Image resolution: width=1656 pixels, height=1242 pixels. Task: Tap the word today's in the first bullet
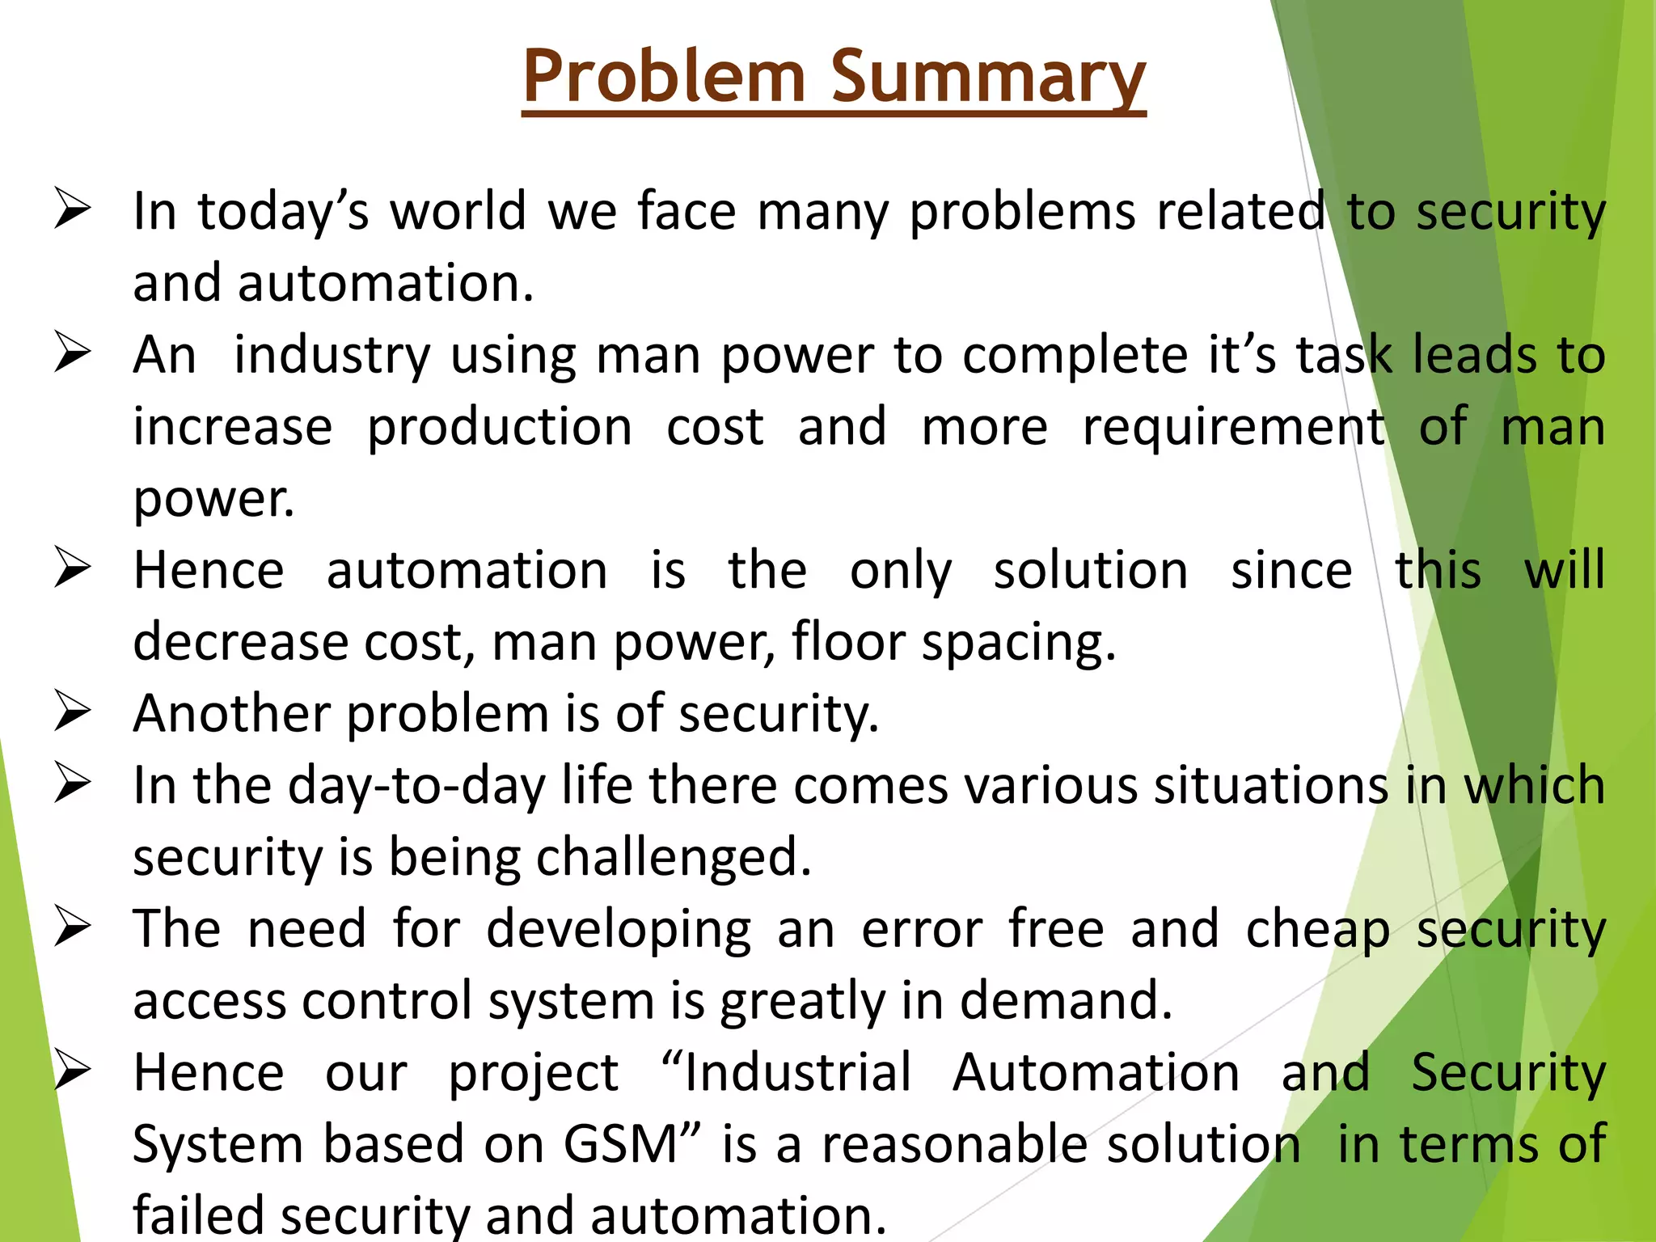[x=283, y=212]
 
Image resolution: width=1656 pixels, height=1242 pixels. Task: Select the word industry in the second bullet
[x=332, y=356]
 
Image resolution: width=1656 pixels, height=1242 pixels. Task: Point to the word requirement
[x=1234, y=427]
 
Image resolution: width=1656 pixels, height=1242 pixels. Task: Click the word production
[x=500, y=427]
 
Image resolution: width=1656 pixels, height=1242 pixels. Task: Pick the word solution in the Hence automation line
[x=1091, y=571]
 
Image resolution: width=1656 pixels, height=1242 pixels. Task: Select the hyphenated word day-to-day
[x=417, y=786]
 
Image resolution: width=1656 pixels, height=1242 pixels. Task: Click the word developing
[x=619, y=929]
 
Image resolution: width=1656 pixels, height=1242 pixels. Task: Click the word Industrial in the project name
[x=797, y=1073]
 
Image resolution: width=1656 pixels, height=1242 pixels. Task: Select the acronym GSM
[x=620, y=1144]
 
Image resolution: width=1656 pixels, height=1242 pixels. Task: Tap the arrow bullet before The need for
[x=73, y=927]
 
